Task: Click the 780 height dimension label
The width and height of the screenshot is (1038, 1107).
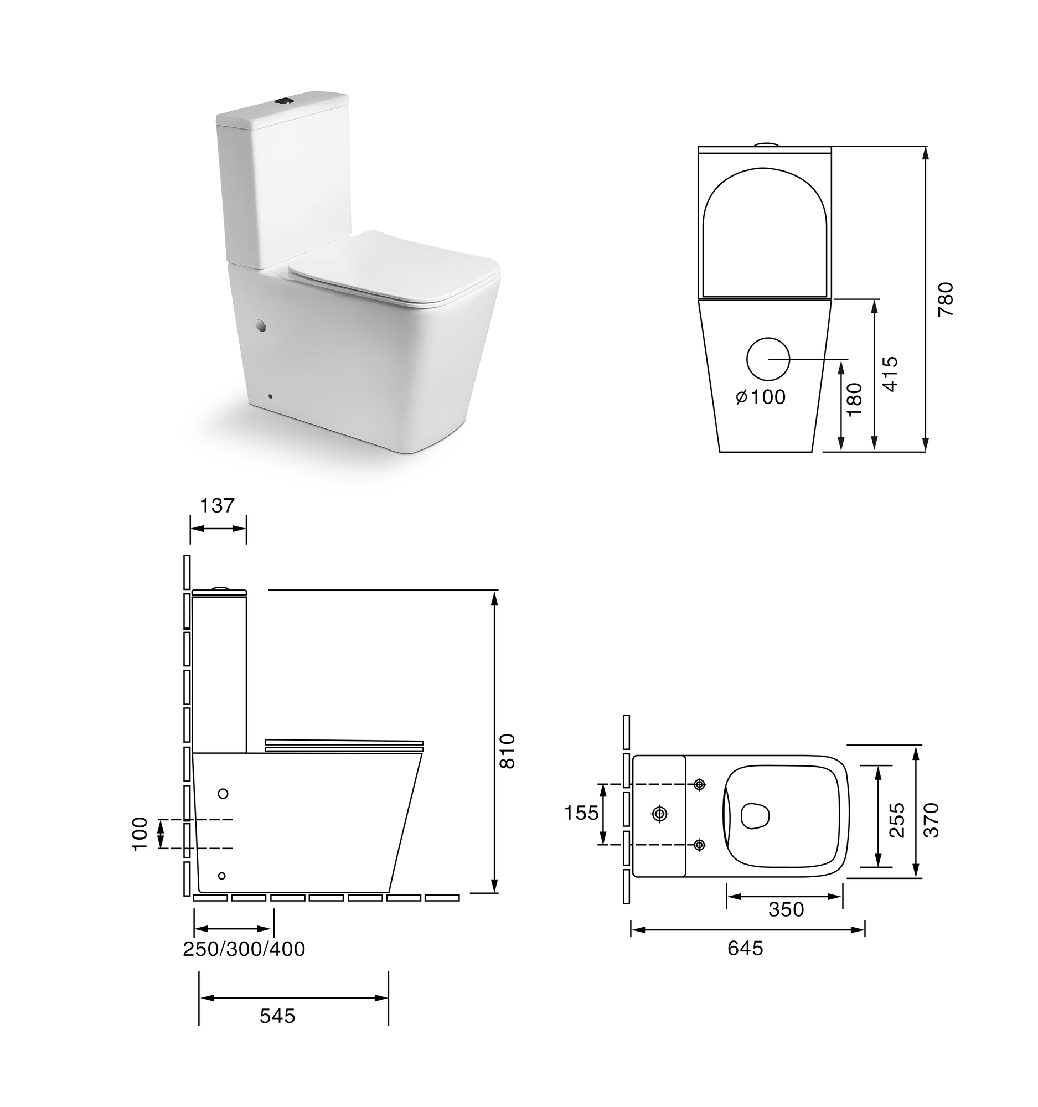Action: click(946, 299)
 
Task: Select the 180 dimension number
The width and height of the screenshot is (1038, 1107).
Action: click(854, 399)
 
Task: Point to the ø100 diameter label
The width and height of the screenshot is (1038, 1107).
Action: click(761, 397)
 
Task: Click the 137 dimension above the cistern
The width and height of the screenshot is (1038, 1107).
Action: click(217, 505)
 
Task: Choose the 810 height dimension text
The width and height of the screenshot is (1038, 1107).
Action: click(507, 751)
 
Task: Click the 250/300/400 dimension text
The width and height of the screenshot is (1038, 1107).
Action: click(244, 949)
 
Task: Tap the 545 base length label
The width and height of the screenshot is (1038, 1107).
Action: click(277, 1016)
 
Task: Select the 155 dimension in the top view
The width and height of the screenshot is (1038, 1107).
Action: click(581, 813)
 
